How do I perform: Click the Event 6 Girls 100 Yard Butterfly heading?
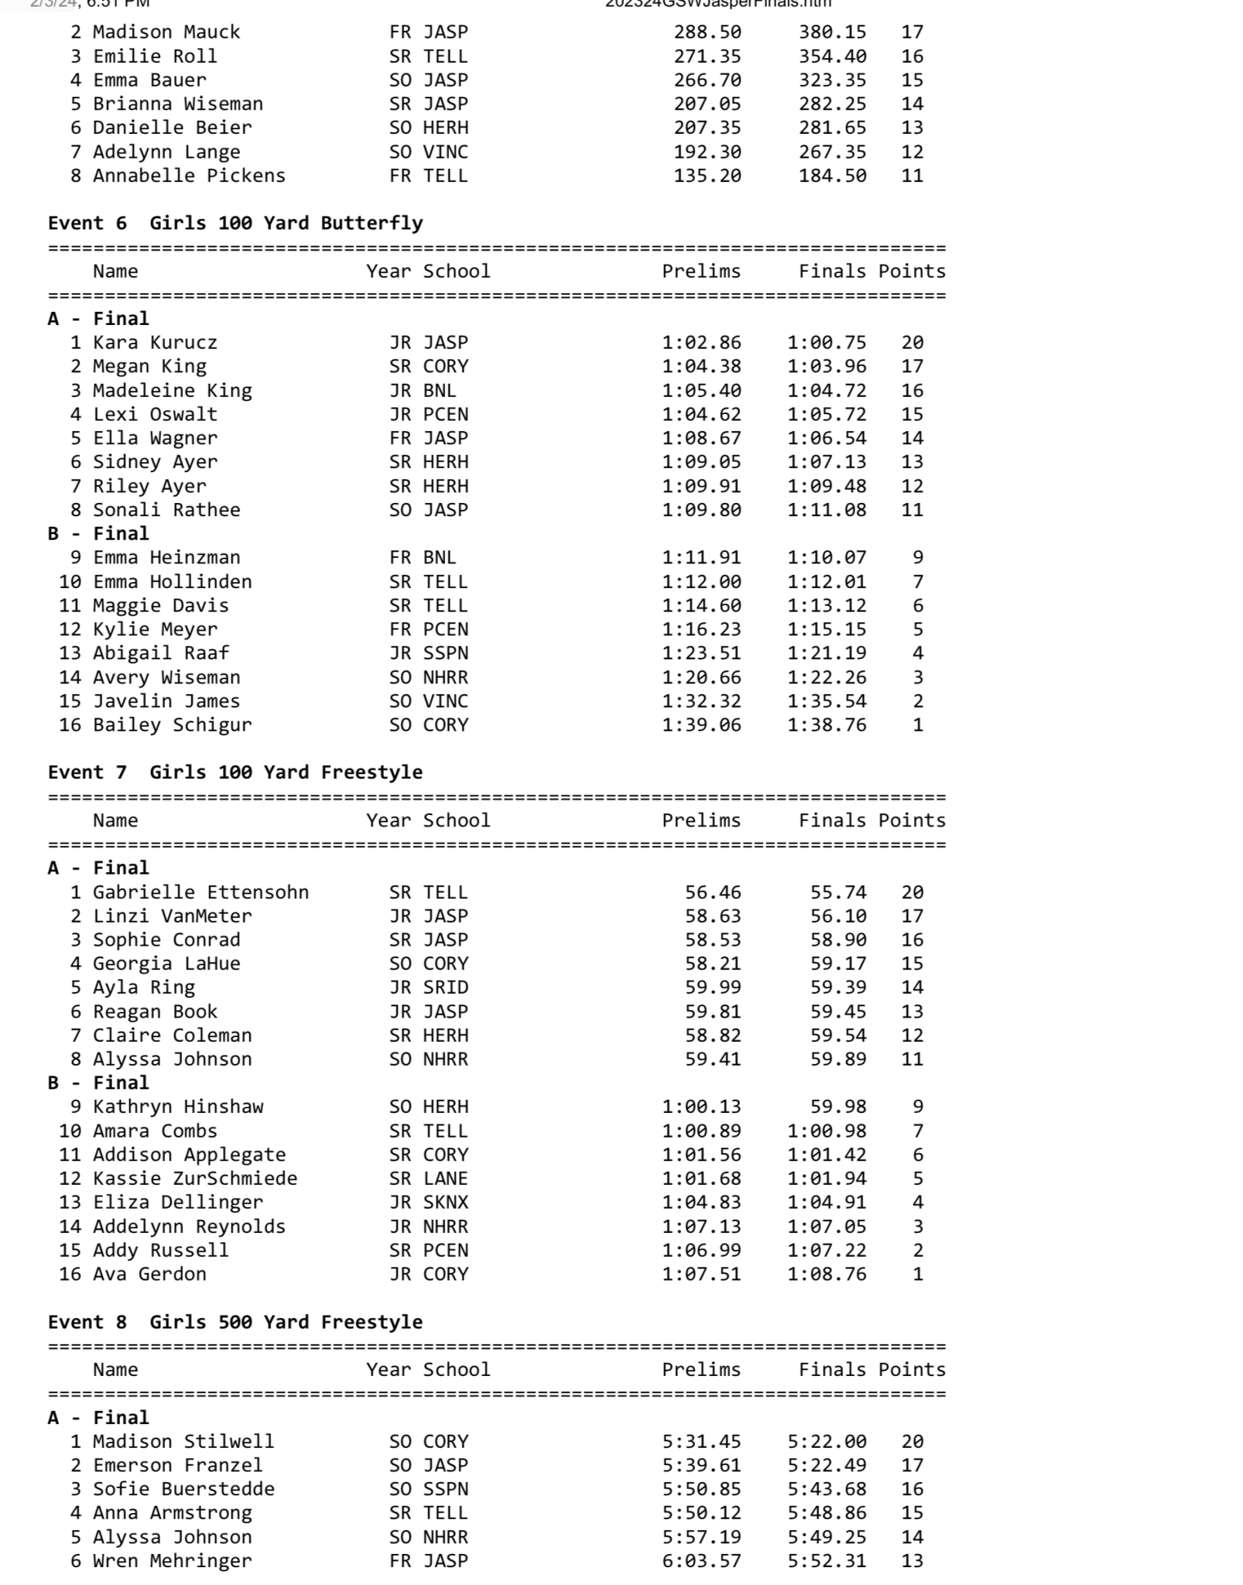[235, 224]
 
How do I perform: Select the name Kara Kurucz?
[155, 343]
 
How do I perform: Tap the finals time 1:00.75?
[827, 343]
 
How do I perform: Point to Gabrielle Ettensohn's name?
[200, 892]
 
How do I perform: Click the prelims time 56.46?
[712, 892]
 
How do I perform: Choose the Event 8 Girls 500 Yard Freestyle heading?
[235, 1322]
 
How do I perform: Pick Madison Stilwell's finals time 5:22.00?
[827, 1442]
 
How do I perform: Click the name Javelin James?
[166, 701]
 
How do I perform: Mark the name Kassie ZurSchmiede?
[195, 1179]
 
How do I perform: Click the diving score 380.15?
[833, 33]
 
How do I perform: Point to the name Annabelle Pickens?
[189, 176]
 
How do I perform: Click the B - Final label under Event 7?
[98, 1083]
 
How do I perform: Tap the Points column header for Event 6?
[912, 272]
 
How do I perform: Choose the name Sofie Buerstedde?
[183, 1489]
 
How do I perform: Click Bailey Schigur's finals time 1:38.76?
[827, 725]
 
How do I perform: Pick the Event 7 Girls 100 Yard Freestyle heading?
[235, 772]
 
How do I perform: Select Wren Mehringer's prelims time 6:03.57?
[701, 1561]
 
